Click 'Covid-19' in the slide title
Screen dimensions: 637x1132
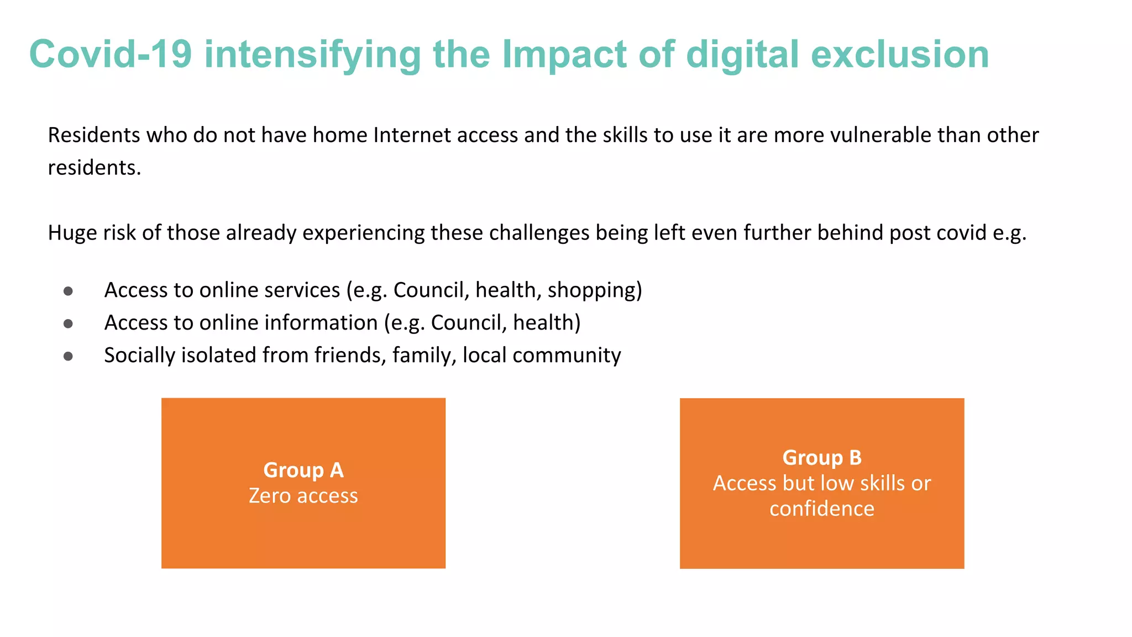click(x=110, y=55)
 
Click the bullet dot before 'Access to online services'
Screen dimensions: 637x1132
click(x=68, y=291)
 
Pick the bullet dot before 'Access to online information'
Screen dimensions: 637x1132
click(x=68, y=323)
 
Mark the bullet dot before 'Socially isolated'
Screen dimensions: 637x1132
click(x=68, y=357)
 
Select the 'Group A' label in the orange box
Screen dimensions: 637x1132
click(x=303, y=470)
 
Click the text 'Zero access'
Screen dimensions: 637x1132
click(x=303, y=495)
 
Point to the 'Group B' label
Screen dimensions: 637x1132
click(x=822, y=458)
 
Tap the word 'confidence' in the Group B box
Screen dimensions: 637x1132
click(x=822, y=509)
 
